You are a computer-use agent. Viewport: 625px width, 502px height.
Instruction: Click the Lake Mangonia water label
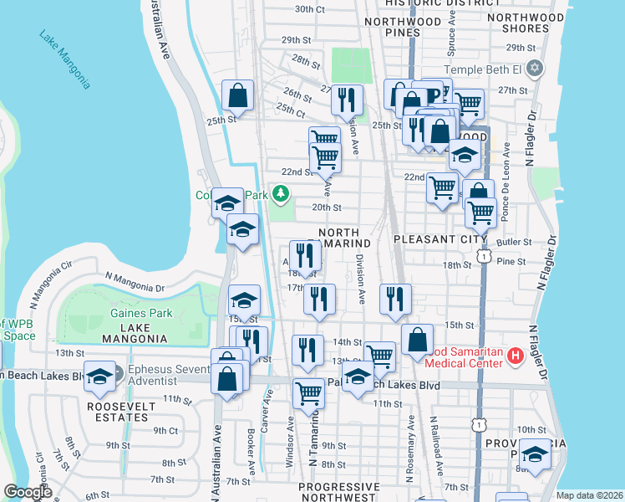tap(64, 59)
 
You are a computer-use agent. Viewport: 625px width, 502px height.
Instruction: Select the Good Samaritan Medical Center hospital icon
tap(515, 357)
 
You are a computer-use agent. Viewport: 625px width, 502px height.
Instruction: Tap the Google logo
tap(28, 492)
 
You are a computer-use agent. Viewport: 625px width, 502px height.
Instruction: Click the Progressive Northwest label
tap(338, 492)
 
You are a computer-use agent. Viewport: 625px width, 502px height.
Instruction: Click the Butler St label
tap(515, 242)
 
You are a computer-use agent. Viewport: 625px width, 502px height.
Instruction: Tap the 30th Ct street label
tap(309, 9)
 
